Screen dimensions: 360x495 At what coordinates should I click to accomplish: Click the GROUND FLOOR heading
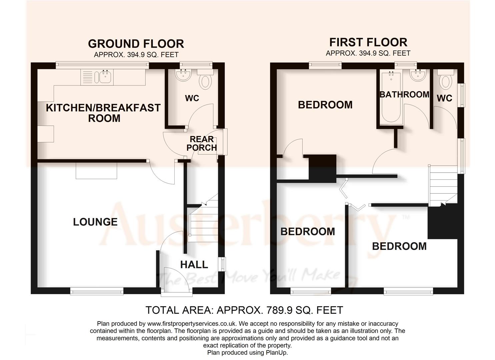click(x=136, y=44)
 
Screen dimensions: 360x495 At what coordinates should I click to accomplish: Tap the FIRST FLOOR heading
click(x=368, y=42)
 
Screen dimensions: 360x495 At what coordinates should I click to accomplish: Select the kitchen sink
click(x=105, y=77)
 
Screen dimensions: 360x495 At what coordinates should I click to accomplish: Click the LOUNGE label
click(x=95, y=222)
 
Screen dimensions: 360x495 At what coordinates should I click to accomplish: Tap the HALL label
click(x=194, y=265)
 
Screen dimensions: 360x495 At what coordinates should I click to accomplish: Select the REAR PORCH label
click(x=202, y=143)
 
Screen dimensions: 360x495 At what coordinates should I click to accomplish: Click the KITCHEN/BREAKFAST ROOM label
click(x=103, y=113)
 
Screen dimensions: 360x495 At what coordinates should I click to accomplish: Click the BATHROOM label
click(x=404, y=95)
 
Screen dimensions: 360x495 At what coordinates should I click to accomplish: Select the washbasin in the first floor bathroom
click(x=417, y=76)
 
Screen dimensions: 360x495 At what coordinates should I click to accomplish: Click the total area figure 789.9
click(x=280, y=310)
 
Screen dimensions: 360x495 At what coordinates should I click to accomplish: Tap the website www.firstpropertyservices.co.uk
click(x=192, y=324)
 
